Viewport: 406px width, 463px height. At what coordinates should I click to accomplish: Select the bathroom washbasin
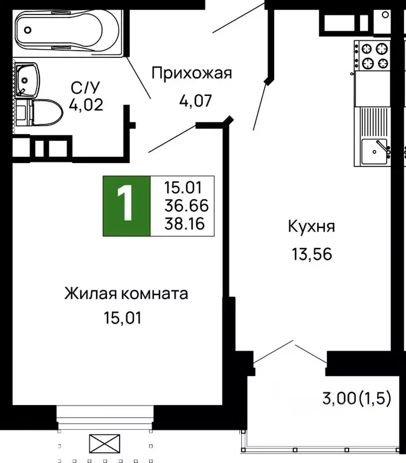tap(27, 78)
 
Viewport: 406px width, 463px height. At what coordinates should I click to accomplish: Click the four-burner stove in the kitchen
tap(373, 56)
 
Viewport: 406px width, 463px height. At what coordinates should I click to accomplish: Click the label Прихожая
tap(192, 74)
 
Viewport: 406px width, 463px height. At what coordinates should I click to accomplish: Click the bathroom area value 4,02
tap(86, 105)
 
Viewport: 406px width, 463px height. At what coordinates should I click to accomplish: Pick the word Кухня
tap(311, 228)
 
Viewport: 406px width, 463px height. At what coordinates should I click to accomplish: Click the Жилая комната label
tap(126, 294)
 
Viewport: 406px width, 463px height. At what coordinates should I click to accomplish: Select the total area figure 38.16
tap(184, 225)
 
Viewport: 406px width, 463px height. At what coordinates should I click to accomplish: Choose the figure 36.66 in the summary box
tap(184, 206)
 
